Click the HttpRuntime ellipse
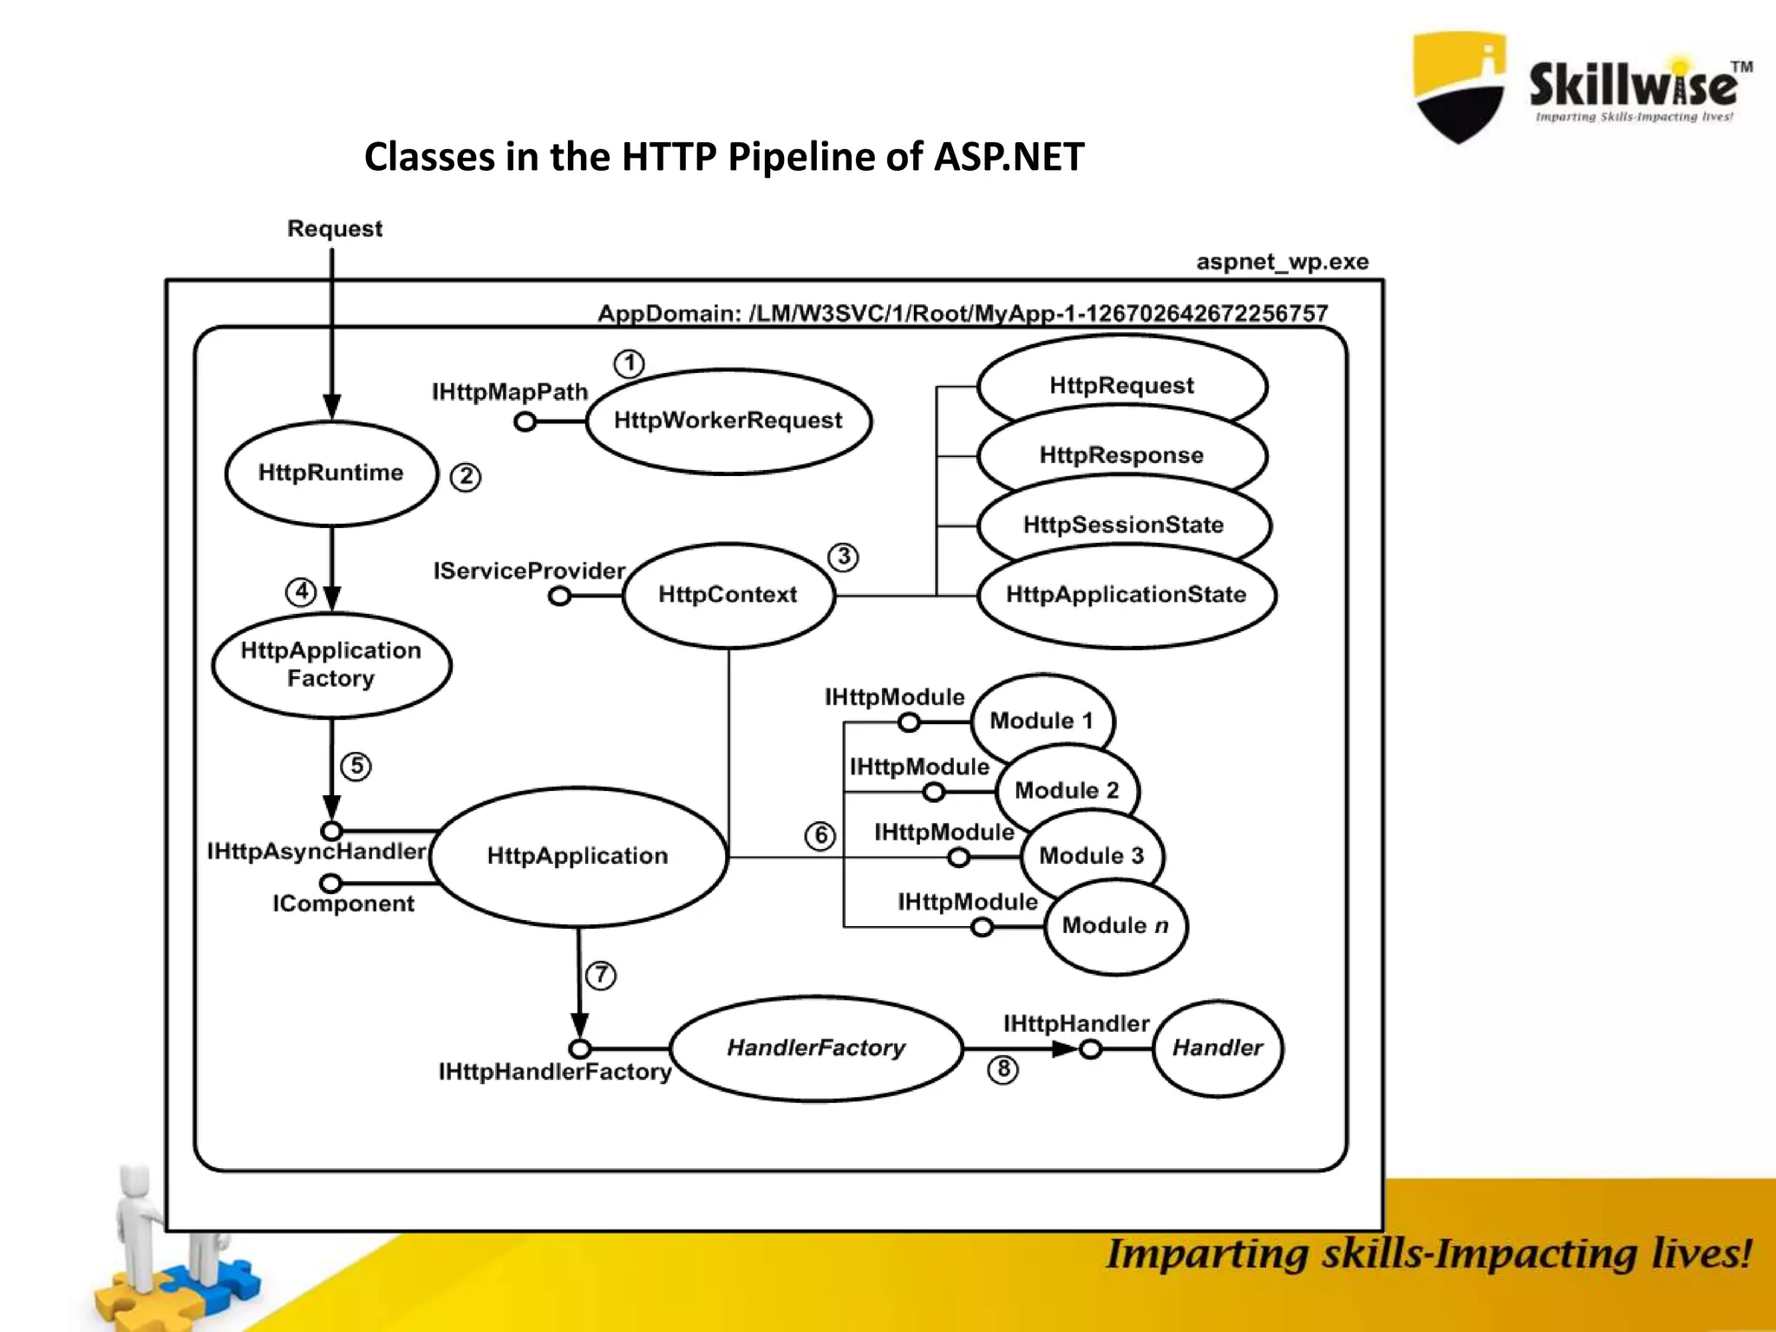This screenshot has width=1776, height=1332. click(331, 473)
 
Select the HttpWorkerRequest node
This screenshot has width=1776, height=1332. click(728, 421)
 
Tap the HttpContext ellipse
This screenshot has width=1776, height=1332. click(728, 595)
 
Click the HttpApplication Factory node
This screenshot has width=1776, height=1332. click(331, 665)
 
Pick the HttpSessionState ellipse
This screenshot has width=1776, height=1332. click(1124, 525)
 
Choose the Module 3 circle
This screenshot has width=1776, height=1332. click(1092, 857)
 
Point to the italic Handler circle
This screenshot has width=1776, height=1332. click(1218, 1048)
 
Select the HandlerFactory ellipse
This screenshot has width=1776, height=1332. click(816, 1048)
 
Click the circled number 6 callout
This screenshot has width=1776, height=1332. click(820, 836)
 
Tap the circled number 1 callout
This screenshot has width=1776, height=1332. click(630, 363)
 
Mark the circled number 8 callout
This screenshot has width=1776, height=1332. click(1003, 1069)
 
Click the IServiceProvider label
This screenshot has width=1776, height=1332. click(529, 571)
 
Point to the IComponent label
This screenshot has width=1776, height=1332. click(343, 904)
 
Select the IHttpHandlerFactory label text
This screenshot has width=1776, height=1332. click(555, 1073)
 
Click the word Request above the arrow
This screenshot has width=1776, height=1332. click(335, 229)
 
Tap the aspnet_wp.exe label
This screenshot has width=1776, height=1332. click(1283, 262)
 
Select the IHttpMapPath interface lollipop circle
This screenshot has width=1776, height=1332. click(525, 422)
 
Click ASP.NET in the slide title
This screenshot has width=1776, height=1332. click(1009, 157)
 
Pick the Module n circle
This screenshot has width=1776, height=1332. click(1115, 926)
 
